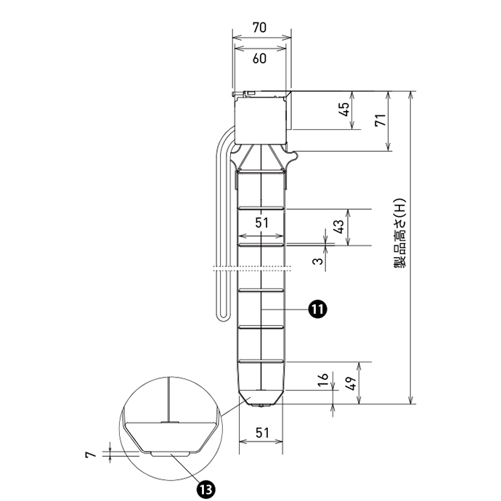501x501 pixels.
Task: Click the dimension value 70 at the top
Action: tap(259, 28)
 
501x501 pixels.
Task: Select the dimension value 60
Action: tap(259, 59)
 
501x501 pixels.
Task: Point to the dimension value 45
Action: tap(343, 110)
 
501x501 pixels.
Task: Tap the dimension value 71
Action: tap(380, 120)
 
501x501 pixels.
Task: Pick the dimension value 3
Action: tap(318, 261)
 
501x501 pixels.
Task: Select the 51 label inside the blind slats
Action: tap(261, 223)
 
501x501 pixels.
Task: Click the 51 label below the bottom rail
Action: tap(262, 433)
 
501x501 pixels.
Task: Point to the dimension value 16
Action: tap(323, 379)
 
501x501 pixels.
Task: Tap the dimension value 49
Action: tap(351, 383)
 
